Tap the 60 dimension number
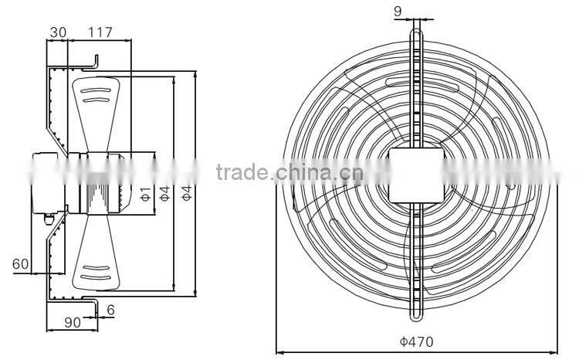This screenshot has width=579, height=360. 21,264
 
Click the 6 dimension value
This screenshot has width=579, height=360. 111,309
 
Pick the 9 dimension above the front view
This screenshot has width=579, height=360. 418,10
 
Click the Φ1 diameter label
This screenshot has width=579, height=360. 144,193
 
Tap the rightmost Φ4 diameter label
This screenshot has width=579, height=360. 186,193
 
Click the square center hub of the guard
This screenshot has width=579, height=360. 418,175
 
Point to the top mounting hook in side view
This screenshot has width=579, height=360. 95,61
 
